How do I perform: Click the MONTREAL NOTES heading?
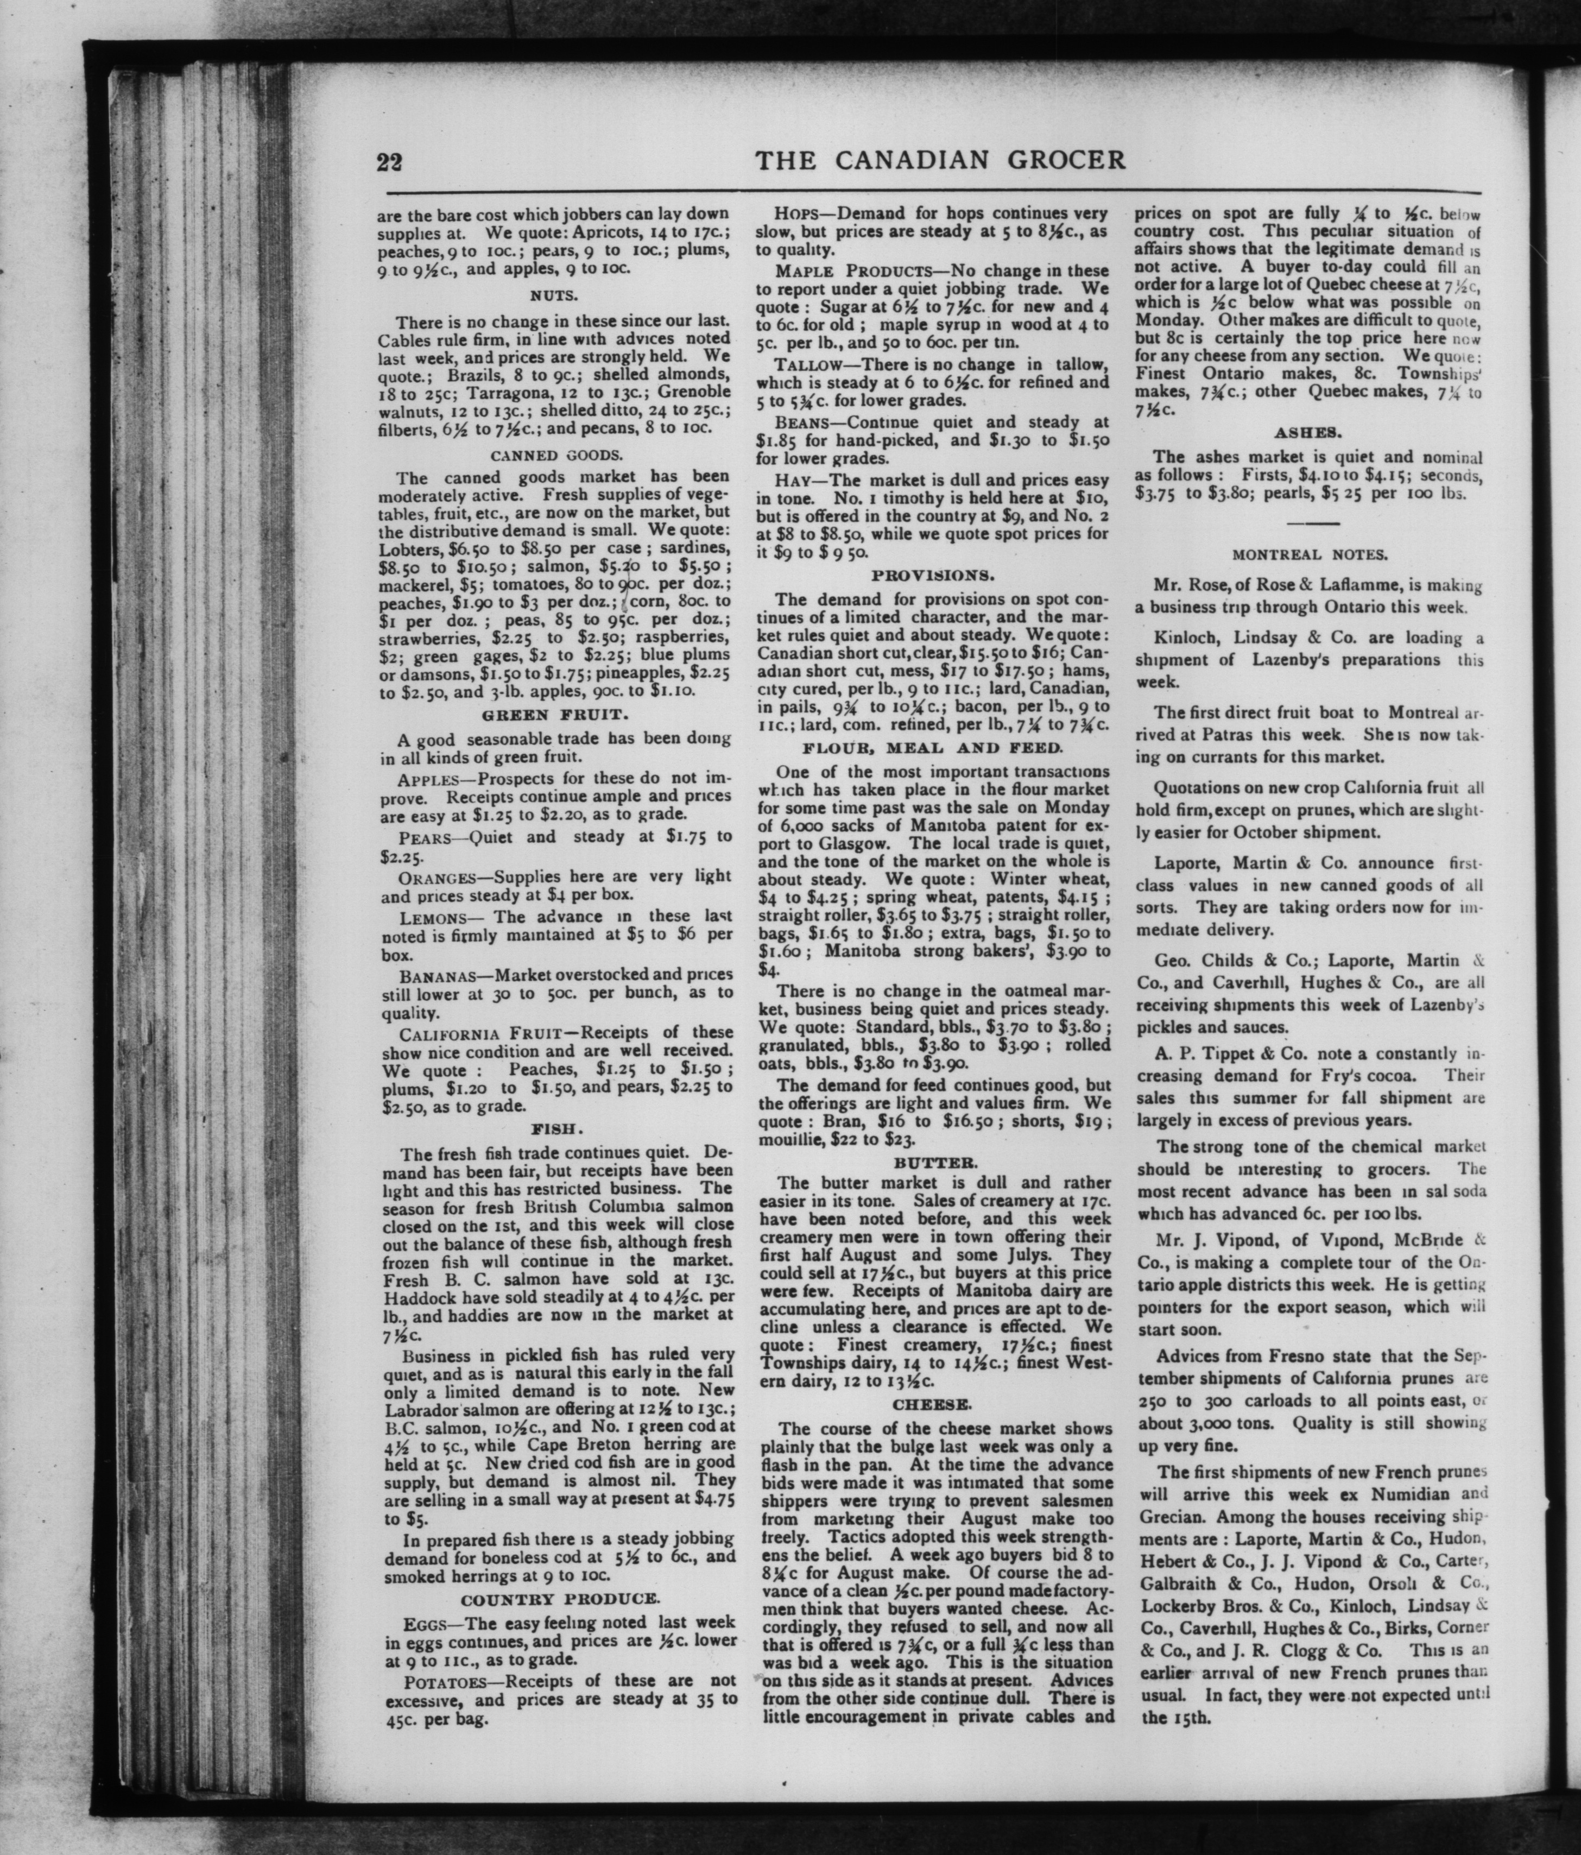click(x=1310, y=554)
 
